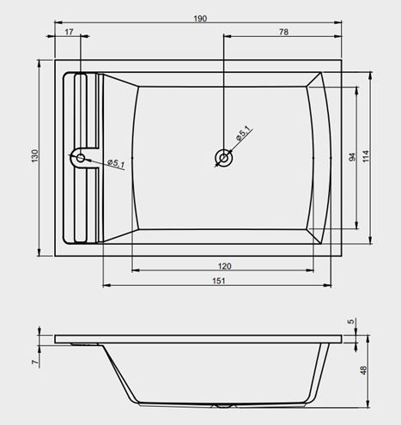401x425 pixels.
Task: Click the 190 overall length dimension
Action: click(200, 19)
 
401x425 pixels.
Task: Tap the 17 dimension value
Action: click(69, 32)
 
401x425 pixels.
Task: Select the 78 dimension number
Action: click(283, 32)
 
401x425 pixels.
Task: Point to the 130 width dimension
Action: click(34, 156)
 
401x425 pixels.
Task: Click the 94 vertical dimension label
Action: click(352, 157)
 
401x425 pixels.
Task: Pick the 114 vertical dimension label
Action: click(366, 156)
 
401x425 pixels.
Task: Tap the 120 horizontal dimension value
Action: click(224, 266)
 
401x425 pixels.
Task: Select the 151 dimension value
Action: click(219, 281)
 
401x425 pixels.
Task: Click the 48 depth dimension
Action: click(362, 370)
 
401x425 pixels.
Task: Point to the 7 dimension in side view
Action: click(35, 361)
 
